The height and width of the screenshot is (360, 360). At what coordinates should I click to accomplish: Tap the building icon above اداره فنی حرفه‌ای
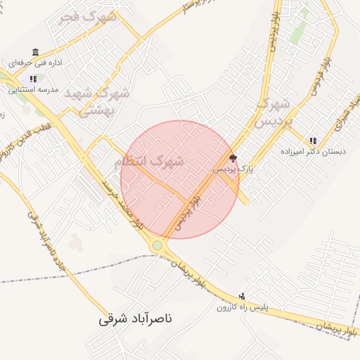[35, 52]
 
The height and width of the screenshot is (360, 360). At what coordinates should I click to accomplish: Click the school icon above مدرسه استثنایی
[33, 79]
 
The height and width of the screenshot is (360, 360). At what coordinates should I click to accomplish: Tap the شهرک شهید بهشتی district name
[97, 101]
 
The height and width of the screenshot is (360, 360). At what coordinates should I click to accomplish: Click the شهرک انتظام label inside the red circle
[148, 161]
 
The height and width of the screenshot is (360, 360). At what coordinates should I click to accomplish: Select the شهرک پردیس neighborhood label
[271, 112]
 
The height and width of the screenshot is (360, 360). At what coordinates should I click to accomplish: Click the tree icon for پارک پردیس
[233, 158]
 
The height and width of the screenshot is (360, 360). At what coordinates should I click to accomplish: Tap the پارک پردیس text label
[232, 169]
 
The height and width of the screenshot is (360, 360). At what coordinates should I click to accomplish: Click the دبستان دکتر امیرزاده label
[309, 151]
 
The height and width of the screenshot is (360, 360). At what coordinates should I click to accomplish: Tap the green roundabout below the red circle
[157, 245]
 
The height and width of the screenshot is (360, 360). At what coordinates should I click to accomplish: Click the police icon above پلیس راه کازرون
[243, 296]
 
